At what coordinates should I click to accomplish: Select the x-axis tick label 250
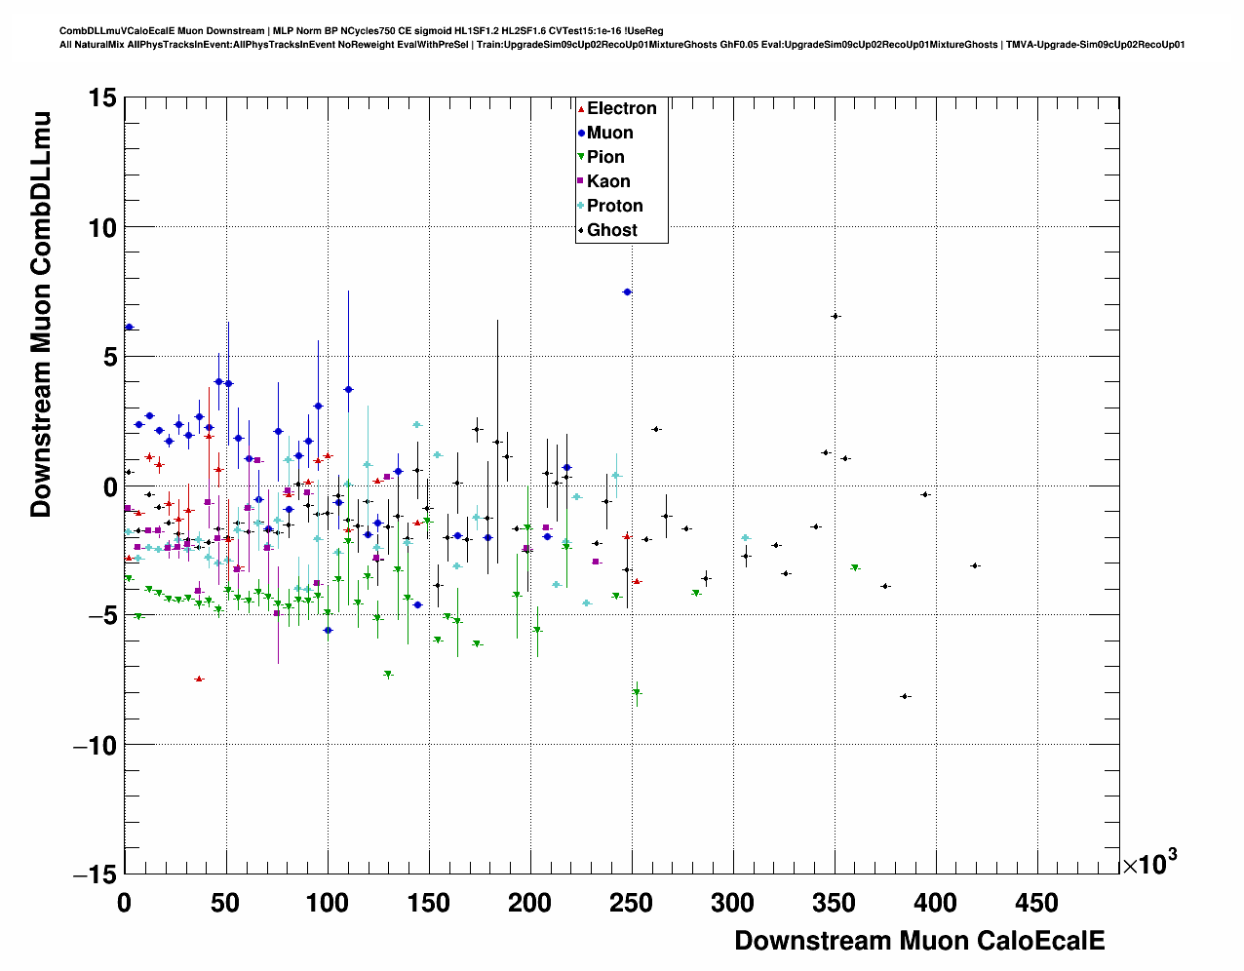click(631, 903)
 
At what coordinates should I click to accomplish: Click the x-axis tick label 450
click(1036, 903)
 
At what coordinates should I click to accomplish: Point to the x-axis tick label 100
click(327, 903)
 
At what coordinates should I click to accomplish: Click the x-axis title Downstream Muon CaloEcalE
click(919, 941)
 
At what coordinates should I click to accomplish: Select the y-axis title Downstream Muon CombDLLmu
click(41, 314)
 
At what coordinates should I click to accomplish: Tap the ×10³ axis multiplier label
click(1148, 863)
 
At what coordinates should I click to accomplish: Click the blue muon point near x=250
click(627, 291)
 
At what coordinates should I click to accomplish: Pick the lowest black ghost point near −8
click(906, 696)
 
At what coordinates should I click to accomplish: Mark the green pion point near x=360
click(855, 567)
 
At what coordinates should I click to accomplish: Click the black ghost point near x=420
click(974, 565)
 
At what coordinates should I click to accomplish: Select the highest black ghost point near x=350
click(836, 316)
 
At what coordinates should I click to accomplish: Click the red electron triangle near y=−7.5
click(199, 679)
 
